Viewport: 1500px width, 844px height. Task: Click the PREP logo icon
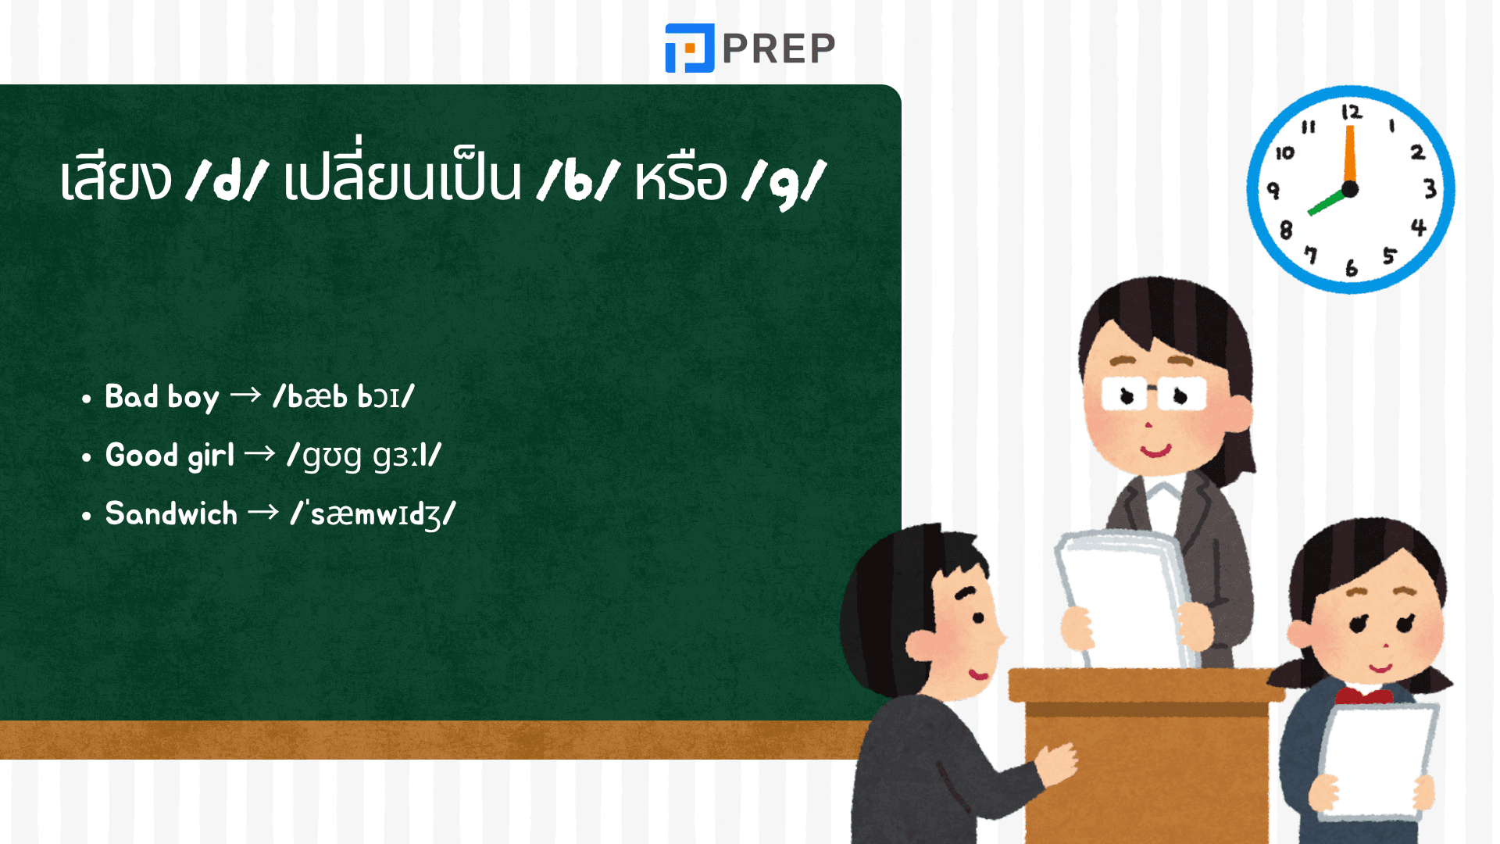689,48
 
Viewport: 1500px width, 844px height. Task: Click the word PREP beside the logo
779,48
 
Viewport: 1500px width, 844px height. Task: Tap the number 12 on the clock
1352,113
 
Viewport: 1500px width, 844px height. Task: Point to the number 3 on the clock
1430,189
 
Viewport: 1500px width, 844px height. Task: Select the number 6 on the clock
1352,268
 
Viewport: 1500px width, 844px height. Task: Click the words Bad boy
162,397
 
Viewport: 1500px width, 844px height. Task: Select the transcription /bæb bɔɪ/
344,397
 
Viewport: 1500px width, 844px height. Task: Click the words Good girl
170,456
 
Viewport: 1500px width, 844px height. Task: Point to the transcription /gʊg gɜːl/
364,456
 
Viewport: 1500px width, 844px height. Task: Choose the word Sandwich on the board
171,514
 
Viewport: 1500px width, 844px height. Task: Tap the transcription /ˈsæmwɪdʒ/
373,514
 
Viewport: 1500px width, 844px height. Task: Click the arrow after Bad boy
245,395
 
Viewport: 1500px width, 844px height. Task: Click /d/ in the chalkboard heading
227,180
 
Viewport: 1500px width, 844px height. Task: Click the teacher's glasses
1154,394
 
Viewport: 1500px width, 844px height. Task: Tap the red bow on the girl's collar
1364,695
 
